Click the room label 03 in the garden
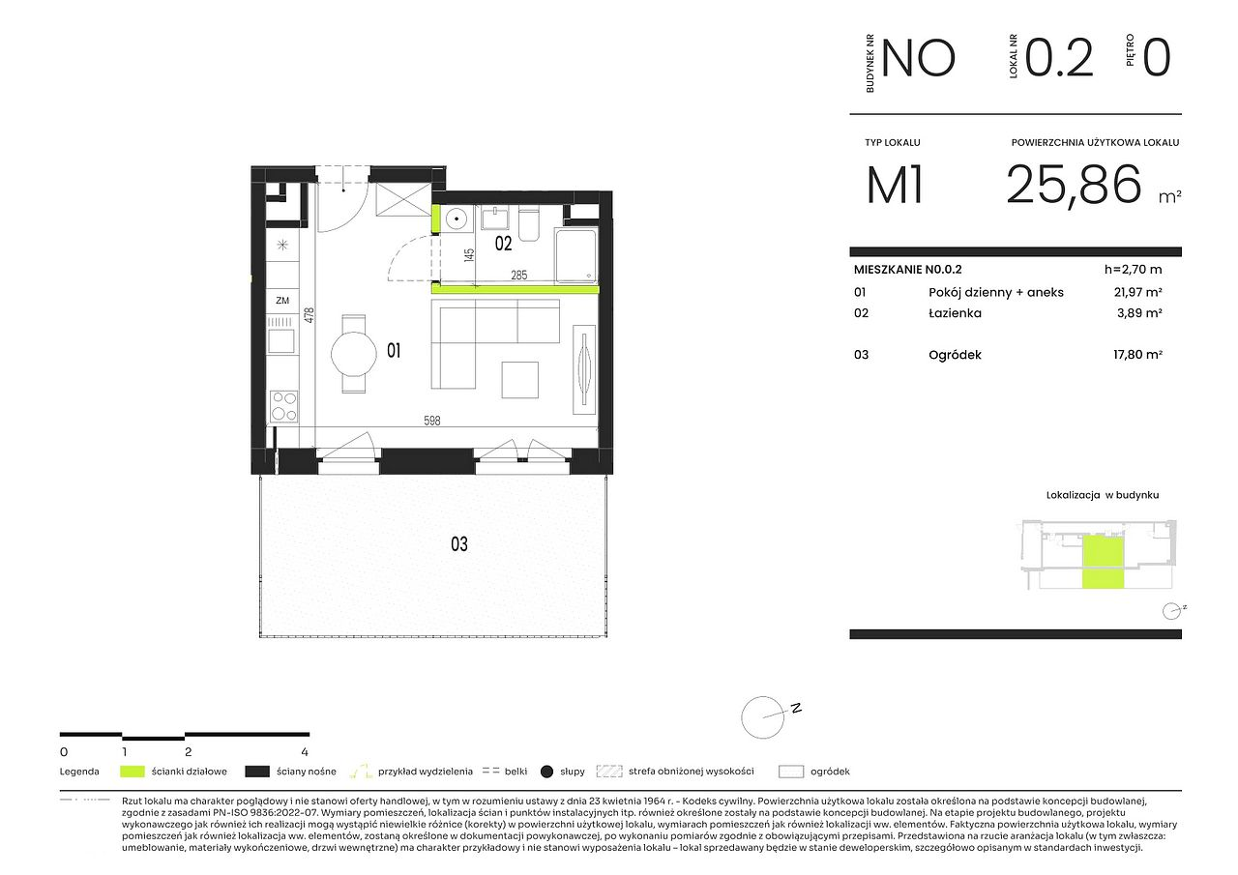tap(458, 544)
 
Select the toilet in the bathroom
tap(529, 224)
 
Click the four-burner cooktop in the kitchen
tap(283, 406)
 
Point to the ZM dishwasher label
tap(282, 301)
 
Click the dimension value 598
tap(431, 421)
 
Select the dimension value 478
tap(309, 315)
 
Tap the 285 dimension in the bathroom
tap(518, 276)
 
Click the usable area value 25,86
tap(1074, 185)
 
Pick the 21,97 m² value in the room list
tap(1137, 292)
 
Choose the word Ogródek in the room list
tap(955, 355)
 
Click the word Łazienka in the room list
tap(955, 313)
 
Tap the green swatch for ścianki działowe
tap(133, 772)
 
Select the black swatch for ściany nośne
tap(257, 772)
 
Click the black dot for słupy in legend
tap(546, 772)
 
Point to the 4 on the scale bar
tap(305, 752)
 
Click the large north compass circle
tap(763, 717)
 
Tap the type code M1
tap(895, 185)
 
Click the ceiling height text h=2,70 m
tap(1133, 270)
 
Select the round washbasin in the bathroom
tap(457, 219)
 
